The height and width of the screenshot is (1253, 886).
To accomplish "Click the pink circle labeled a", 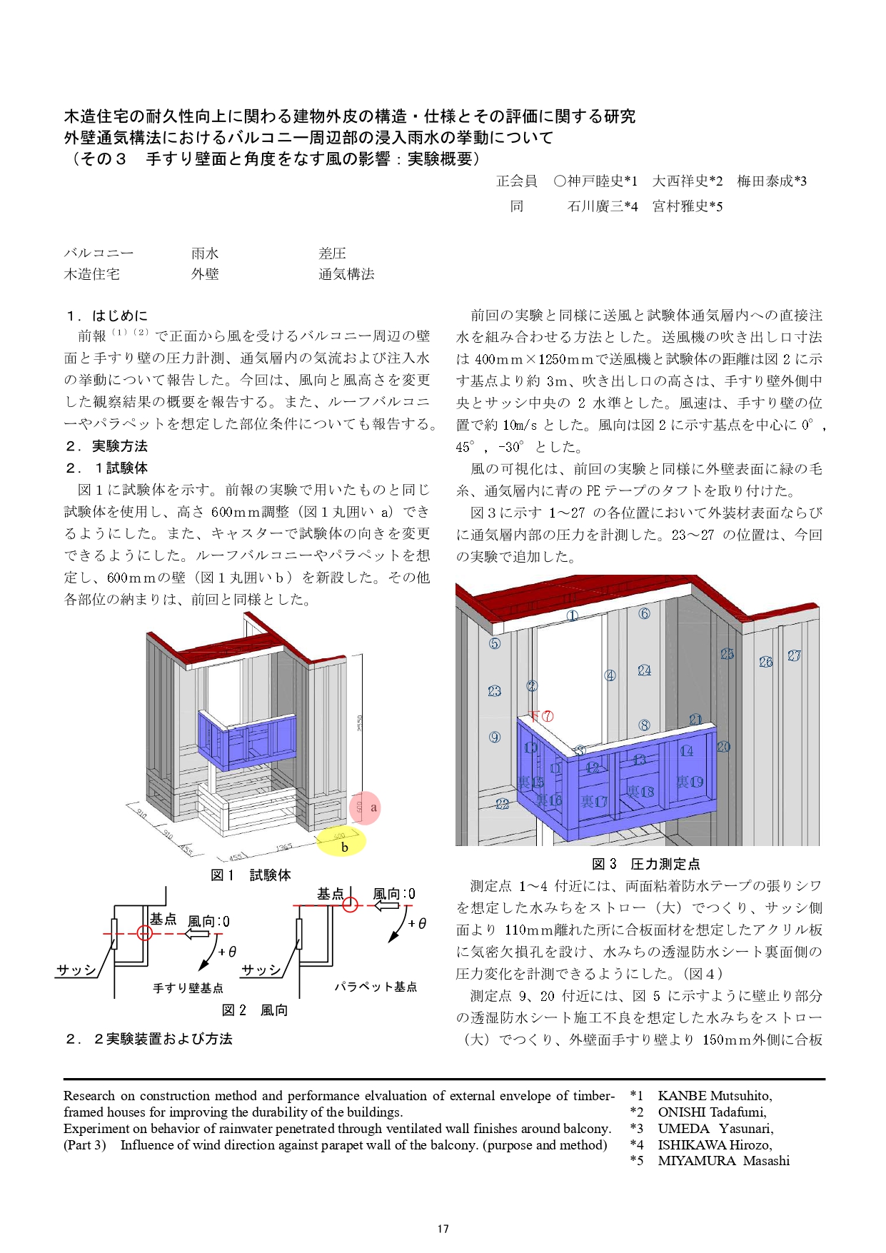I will pos(366,807).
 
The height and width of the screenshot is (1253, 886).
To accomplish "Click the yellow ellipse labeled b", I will pos(341,841).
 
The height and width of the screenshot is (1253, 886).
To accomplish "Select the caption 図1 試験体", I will pos(251,875).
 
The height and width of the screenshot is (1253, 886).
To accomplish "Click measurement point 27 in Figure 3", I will pos(794,655).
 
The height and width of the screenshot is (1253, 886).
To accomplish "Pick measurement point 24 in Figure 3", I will pos(644,670).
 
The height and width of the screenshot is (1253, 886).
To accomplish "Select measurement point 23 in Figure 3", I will pos(494,691).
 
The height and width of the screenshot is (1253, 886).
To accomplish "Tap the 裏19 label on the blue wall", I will pos(690,782).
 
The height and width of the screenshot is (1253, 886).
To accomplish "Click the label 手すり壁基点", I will pos(188,988).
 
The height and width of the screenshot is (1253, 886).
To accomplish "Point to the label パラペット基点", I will pos(376,987).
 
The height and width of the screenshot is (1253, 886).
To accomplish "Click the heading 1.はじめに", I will pos(107,316).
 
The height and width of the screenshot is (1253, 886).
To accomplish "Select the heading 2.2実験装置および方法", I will pos(149,1039).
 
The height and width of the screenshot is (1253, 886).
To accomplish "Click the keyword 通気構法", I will pos(346,274).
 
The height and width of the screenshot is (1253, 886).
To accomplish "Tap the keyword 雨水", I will pos(205,253).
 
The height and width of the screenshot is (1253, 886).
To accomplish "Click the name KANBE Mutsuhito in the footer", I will pos(714,1096).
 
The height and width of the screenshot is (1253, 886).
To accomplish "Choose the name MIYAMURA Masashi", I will pos(723,1161).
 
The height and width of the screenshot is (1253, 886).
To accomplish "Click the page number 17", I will pos(443,1229).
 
